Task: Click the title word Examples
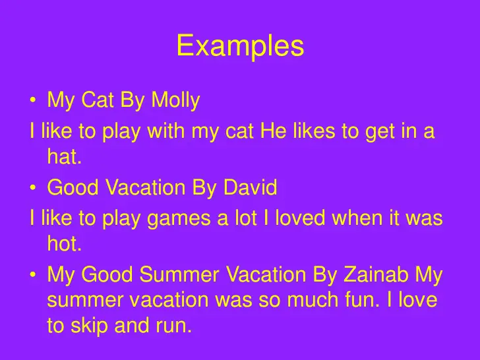(x=240, y=46)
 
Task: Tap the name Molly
(x=175, y=100)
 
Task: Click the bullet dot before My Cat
(x=33, y=100)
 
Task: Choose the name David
(x=251, y=187)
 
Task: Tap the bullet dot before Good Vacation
(x=33, y=187)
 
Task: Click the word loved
(x=300, y=218)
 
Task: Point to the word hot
(x=65, y=243)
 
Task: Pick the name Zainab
(x=376, y=274)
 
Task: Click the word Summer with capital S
(x=179, y=274)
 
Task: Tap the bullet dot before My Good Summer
(x=33, y=274)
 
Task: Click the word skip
(x=89, y=326)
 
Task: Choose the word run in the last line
(x=174, y=326)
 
